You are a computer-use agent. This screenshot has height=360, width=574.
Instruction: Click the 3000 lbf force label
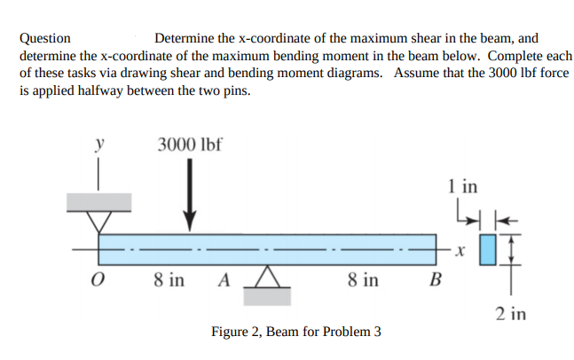(189, 145)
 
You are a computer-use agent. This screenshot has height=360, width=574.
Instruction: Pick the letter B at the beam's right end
(434, 281)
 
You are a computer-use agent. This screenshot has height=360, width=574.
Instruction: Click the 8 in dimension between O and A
(169, 280)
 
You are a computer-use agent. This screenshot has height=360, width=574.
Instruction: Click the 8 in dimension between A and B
(364, 280)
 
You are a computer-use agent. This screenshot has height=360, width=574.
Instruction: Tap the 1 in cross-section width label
(462, 187)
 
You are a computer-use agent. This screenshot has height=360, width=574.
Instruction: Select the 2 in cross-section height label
(512, 313)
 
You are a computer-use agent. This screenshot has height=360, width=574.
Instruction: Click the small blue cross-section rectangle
(488, 251)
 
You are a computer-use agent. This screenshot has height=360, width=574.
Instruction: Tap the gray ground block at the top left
(98, 201)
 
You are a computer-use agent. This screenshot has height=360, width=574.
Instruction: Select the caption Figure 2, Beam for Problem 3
(296, 332)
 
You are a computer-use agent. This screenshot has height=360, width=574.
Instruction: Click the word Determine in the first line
(184, 38)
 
